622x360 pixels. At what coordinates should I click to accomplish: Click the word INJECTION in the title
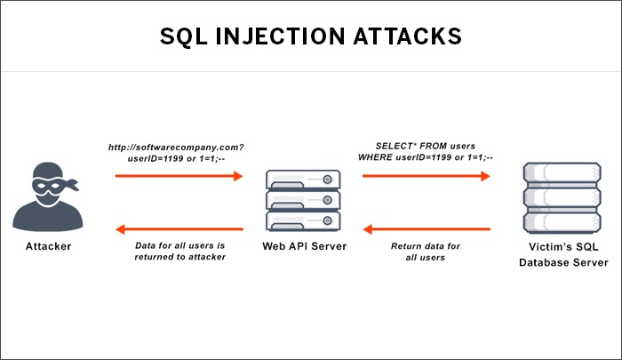pos(281,36)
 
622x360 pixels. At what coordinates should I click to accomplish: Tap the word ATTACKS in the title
pos(407,36)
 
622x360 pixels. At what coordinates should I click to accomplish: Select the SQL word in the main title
pos(184,36)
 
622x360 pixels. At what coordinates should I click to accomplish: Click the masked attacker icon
pos(48,196)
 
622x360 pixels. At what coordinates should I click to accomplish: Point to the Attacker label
pos(48,246)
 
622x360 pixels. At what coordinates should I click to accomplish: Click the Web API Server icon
pos(304,200)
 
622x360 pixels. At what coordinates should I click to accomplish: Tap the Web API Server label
pos(305,246)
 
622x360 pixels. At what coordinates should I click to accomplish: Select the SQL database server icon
pos(562,197)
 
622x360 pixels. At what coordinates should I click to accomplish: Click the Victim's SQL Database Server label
pos(563,254)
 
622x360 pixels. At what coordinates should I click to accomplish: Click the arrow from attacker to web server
pos(179,176)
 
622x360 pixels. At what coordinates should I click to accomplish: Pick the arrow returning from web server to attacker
pos(179,229)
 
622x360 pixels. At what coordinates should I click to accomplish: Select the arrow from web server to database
pos(426,176)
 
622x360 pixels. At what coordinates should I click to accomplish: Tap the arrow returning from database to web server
pos(427,229)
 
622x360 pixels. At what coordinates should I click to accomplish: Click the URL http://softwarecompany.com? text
pos(176,148)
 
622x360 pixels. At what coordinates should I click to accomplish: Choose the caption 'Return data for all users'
pos(426,252)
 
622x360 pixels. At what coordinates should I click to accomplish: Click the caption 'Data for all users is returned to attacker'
pos(180,252)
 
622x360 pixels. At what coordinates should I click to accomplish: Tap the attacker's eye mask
pos(51,186)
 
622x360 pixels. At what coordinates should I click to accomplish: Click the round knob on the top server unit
pos(327,180)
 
